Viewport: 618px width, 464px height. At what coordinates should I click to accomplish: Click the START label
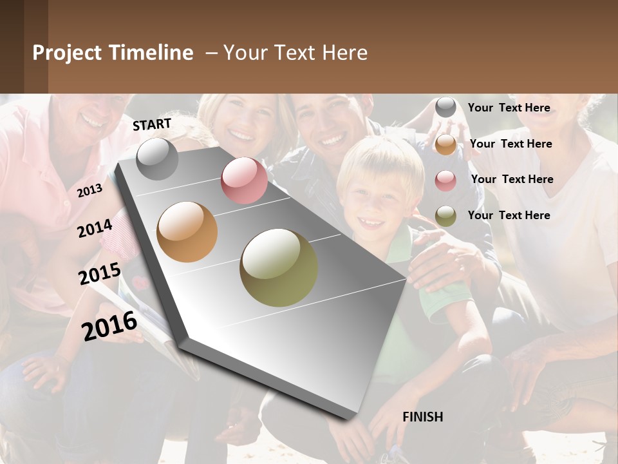[152, 124]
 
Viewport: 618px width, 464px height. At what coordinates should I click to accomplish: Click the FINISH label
[422, 417]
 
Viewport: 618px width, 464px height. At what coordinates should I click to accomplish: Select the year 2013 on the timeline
[89, 191]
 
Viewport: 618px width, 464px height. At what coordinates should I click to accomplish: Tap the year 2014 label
[95, 228]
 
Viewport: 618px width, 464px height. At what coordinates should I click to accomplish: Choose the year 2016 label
[109, 325]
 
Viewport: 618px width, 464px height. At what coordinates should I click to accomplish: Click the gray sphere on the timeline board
[157, 159]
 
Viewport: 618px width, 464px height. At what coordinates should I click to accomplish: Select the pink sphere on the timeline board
[244, 180]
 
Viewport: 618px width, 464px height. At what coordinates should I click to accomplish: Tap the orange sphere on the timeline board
[187, 232]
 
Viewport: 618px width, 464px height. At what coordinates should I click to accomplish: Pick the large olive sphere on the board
[279, 267]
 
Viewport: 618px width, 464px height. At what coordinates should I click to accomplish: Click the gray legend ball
[445, 108]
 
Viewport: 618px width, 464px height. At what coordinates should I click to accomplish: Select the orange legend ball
[445, 144]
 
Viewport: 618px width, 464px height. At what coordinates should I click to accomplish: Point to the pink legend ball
[445, 180]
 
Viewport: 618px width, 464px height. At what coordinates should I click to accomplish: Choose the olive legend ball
[445, 216]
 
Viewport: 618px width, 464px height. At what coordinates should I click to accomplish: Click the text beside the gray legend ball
[509, 108]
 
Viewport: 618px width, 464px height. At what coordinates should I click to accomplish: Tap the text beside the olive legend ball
[509, 215]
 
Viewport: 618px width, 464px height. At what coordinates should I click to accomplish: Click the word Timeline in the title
[151, 53]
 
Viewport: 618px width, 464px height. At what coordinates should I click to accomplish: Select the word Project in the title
[67, 53]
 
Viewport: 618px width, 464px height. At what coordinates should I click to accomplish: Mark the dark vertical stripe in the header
[35, 46]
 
